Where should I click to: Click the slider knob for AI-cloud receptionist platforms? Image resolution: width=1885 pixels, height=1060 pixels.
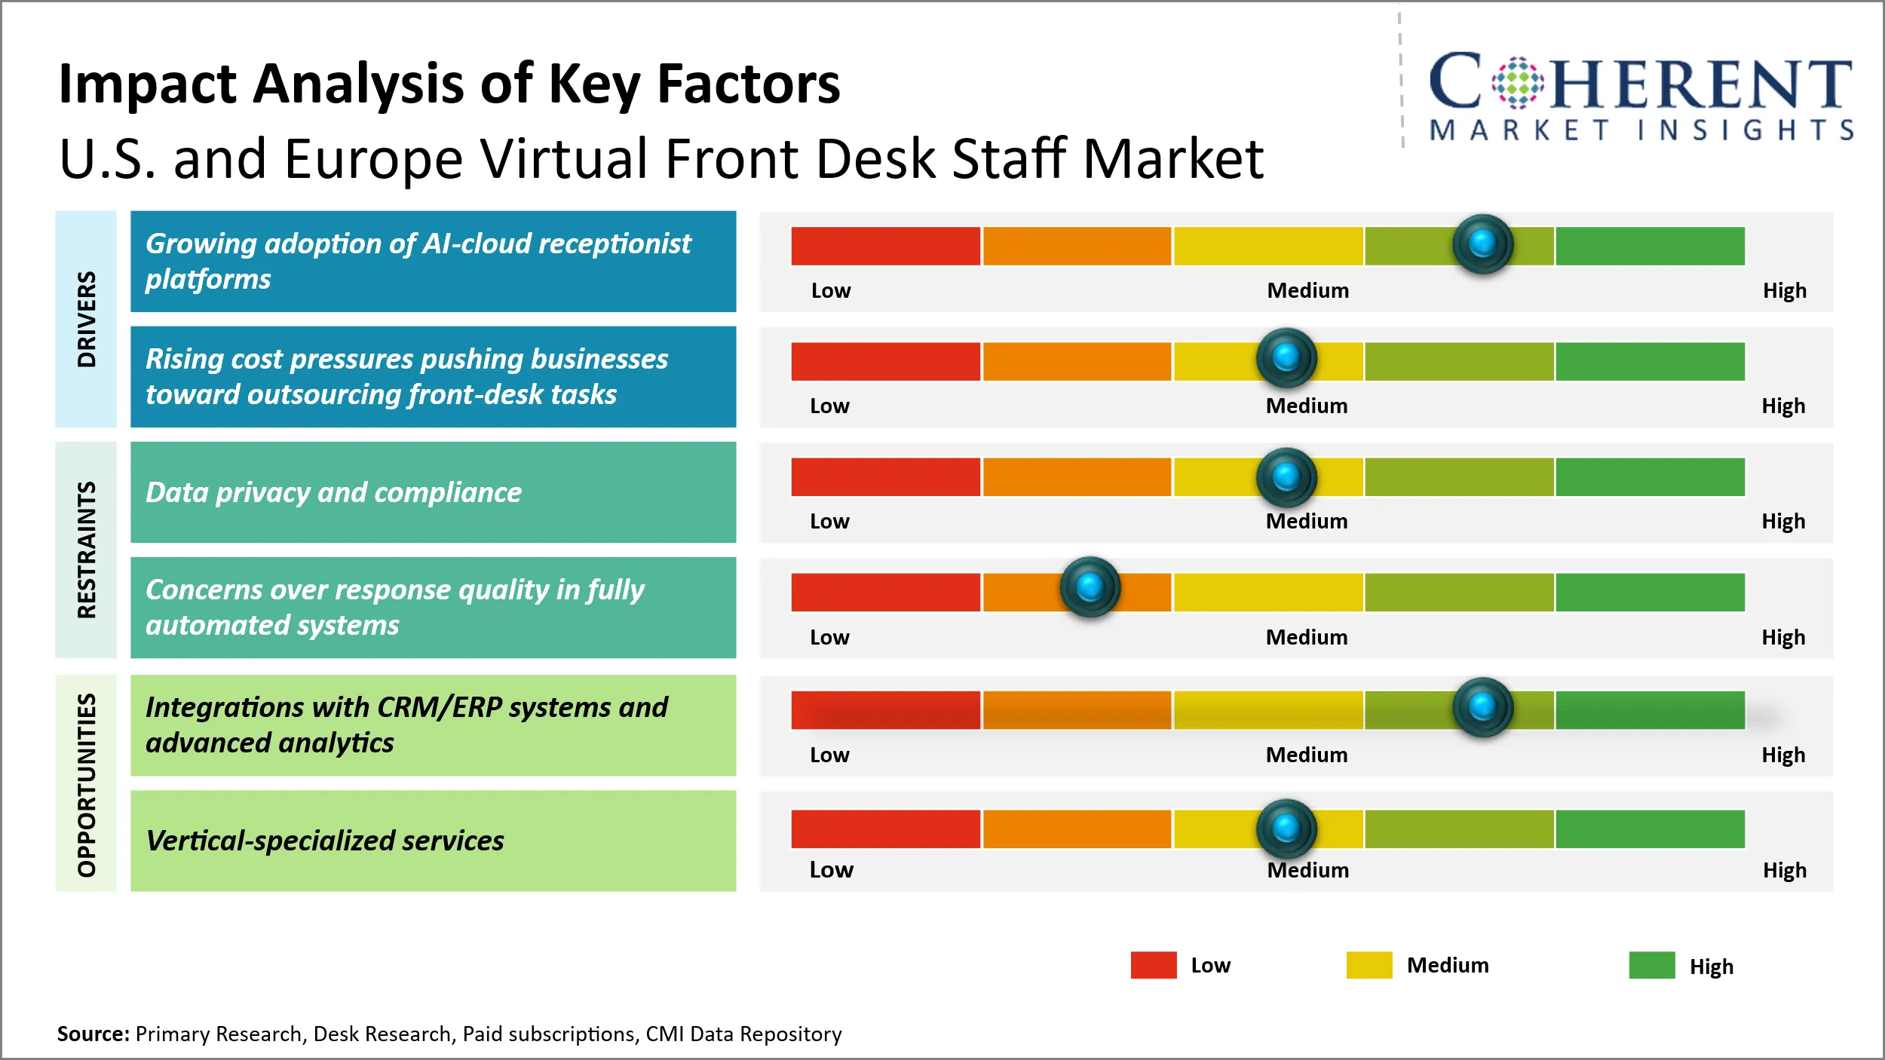point(1482,244)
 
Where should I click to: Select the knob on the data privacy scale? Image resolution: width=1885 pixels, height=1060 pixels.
point(1286,476)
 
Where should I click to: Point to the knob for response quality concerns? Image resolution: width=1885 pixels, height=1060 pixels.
point(1090,587)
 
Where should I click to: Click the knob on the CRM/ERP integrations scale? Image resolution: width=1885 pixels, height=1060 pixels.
point(1482,707)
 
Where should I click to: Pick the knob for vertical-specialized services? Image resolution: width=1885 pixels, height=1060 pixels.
point(1286,828)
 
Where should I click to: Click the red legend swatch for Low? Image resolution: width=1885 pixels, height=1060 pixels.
point(1153,965)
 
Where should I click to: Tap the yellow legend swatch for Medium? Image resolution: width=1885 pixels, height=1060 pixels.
point(1369,965)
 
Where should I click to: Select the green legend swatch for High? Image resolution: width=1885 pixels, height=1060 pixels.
point(1651,965)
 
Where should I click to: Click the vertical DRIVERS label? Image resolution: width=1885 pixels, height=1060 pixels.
point(87,319)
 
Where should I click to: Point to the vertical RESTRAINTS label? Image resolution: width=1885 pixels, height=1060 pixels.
point(87,550)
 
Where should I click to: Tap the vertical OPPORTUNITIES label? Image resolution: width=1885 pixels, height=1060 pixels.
point(87,784)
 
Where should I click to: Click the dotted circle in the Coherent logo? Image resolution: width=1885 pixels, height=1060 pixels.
point(1517,82)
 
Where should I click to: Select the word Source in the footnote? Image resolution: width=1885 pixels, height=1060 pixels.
point(92,1034)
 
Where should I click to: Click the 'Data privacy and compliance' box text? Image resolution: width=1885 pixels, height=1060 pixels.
point(333,492)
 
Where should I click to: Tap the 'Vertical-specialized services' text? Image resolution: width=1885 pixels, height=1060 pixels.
point(324,841)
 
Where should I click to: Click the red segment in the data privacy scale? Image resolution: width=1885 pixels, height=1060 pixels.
point(885,476)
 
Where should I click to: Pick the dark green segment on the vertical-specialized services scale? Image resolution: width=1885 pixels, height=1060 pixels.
point(1650,829)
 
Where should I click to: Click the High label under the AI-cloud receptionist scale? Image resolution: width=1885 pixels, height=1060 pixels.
point(1784,290)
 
